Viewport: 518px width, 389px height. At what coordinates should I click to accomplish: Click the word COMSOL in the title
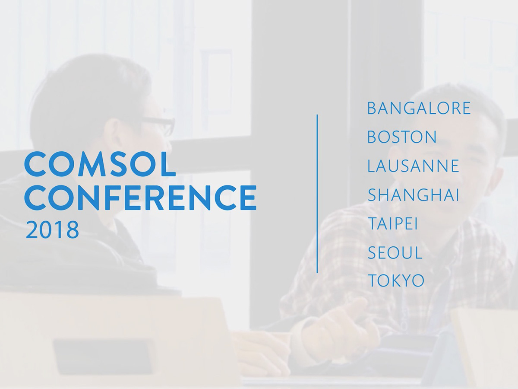pyautogui.click(x=100, y=164)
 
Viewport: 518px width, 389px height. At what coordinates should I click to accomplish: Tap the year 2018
pyautogui.click(x=52, y=230)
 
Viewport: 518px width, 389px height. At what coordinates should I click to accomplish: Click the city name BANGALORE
pyautogui.click(x=418, y=108)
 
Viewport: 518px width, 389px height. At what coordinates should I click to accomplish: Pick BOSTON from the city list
pyautogui.click(x=402, y=137)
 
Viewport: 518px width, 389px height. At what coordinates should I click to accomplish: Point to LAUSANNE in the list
pyautogui.click(x=413, y=166)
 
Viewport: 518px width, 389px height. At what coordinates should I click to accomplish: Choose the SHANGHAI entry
pyautogui.click(x=413, y=195)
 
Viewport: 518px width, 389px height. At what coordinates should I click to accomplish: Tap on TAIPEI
pyautogui.click(x=392, y=224)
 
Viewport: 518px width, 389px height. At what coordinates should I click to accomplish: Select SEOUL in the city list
pyautogui.click(x=395, y=253)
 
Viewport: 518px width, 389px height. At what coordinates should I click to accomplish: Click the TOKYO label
pyautogui.click(x=396, y=281)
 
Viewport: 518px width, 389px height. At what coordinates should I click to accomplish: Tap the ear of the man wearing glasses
pyautogui.click(x=113, y=132)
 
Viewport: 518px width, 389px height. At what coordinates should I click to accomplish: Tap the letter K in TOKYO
pyautogui.click(x=394, y=281)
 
